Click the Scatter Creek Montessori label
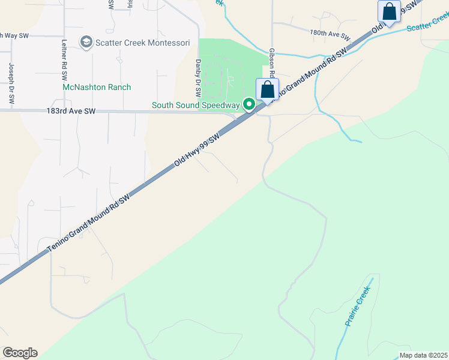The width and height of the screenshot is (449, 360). (x=143, y=43)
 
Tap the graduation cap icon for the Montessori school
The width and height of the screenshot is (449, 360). (x=86, y=42)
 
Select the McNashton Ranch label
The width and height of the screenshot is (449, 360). (x=97, y=87)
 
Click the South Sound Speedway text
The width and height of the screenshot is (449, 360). (x=195, y=105)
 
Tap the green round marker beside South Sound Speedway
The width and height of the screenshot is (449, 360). (x=249, y=105)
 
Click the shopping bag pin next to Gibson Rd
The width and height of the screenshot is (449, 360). (x=267, y=90)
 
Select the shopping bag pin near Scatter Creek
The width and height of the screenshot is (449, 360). (x=389, y=12)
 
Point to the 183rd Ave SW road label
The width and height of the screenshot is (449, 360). (x=71, y=111)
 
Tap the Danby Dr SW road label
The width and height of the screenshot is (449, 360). (x=197, y=78)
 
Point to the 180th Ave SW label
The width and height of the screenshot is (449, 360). (x=330, y=35)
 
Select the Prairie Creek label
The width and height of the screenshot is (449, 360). (x=358, y=307)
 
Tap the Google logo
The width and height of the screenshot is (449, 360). (x=20, y=353)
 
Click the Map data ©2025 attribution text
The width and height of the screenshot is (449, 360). (x=423, y=355)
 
